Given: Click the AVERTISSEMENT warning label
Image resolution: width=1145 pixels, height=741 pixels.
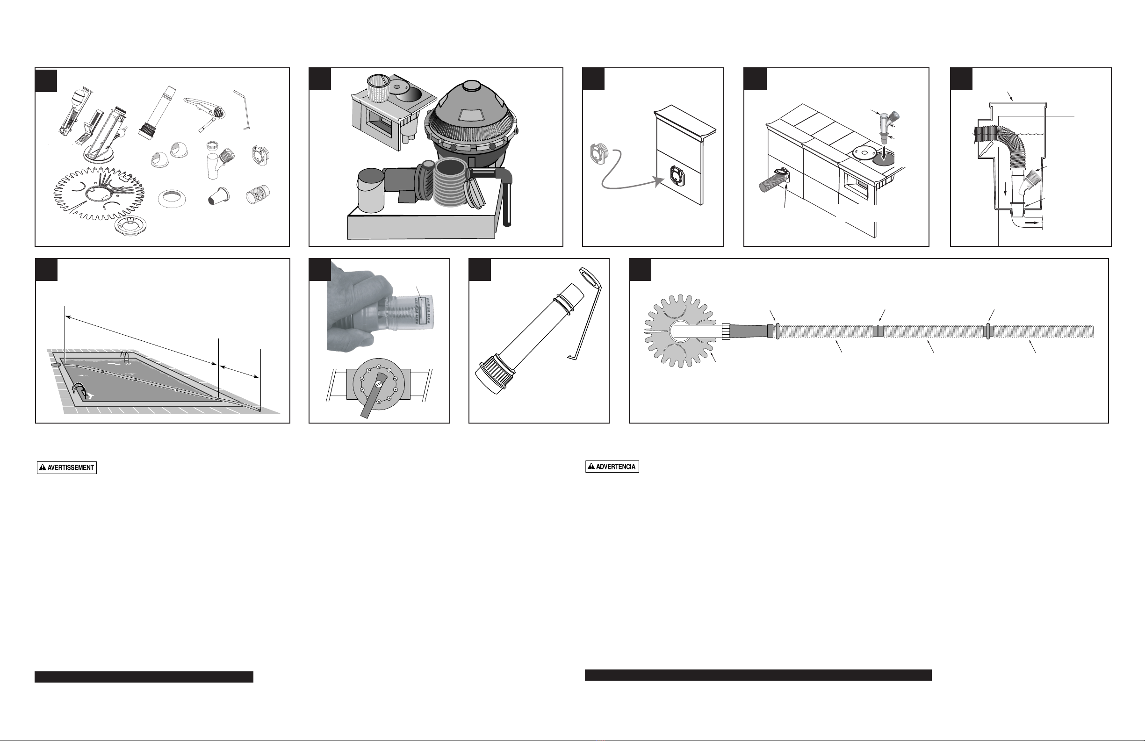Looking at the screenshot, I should [x=67, y=468].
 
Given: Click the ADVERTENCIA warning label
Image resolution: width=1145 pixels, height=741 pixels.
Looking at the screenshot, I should [x=612, y=467].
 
